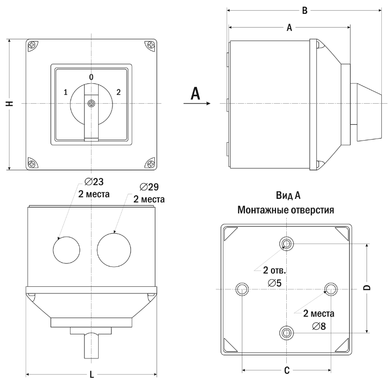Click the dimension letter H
9,103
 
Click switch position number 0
91,77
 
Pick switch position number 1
65,93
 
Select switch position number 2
119,92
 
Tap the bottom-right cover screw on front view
151,164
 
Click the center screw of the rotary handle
91,104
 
